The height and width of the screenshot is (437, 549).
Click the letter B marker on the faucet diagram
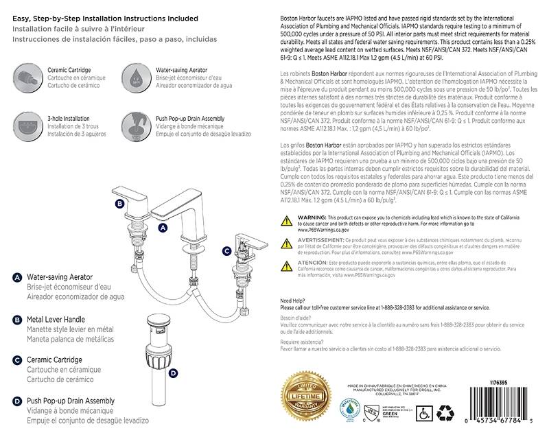click(119, 204)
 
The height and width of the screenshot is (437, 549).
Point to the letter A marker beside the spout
click(163, 226)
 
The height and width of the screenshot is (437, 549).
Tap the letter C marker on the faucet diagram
click(226, 252)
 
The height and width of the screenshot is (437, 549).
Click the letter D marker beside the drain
click(173, 373)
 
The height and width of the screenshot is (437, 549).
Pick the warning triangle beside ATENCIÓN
click(288, 263)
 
